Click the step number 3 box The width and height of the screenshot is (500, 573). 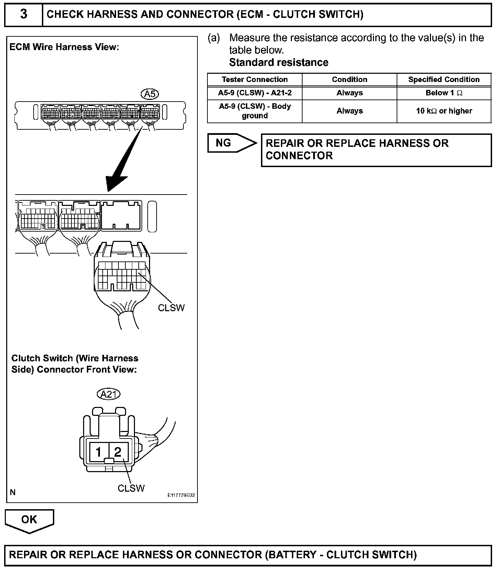[x=23, y=14]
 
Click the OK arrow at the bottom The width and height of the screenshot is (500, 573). [x=29, y=520]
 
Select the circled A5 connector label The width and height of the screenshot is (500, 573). [x=150, y=94]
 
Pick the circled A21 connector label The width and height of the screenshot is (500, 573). [x=109, y=394]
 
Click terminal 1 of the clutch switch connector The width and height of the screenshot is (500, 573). [x=99, y=452]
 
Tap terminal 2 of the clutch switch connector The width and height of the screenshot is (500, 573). [x=118, y=452]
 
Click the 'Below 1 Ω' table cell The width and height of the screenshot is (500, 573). [x=444, y=93]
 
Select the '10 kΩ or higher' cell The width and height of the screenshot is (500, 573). [x=444, y=111]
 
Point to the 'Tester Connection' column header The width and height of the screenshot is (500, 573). [x=254, y=80]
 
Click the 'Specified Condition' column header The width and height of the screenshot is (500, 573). [x=444, y=80]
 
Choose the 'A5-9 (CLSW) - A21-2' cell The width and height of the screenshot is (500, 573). [x=254, y=93]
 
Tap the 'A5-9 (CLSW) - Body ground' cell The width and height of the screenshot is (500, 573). [x=254, y=111]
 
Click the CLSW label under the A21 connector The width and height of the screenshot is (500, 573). [x=131, y=488]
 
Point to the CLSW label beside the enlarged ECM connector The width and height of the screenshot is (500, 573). [x=171, y=308]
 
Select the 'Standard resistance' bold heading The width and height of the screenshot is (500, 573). [x=279, y=62]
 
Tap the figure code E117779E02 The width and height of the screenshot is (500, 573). [x=181, y=495]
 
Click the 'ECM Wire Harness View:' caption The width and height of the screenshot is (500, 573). [x=64, y=47]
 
